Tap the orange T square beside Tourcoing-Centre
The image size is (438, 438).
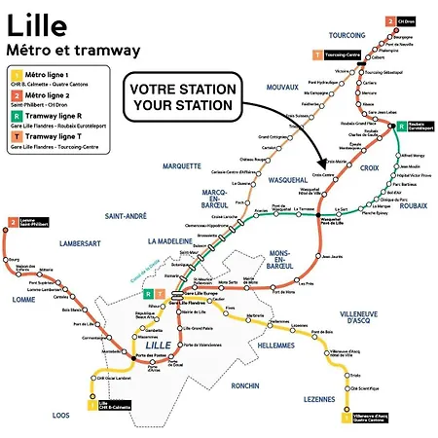coord(314,57)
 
